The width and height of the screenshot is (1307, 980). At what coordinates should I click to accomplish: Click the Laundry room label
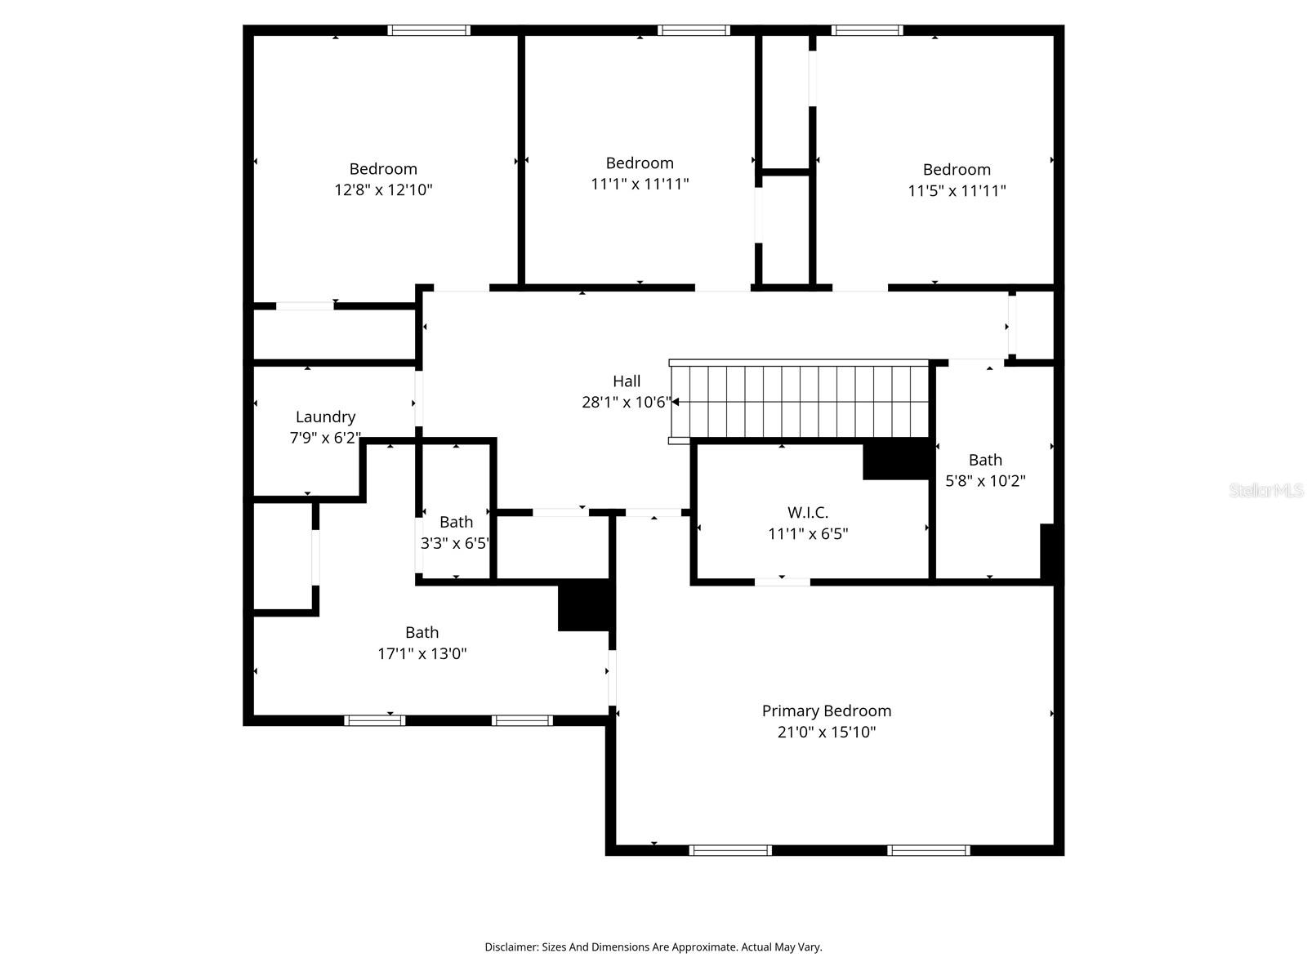point(325,416)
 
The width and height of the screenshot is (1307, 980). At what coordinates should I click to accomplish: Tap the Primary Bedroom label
point(826,710)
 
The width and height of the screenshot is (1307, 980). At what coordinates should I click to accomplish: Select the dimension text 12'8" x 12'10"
point(383,190)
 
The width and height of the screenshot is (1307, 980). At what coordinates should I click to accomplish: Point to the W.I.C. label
point(807,512)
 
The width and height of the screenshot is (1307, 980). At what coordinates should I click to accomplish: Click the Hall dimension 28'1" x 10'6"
point(626,402)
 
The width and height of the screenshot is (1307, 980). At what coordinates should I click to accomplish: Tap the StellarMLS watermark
point(1265,490)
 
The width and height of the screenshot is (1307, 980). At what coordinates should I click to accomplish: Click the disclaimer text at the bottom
point(653,947)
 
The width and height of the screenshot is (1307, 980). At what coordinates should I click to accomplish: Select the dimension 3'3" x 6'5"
point(455,543)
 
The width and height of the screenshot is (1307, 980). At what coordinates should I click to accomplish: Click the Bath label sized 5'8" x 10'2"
point(985,460)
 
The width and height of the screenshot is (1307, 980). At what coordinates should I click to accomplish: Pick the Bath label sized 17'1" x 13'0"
point(422,632)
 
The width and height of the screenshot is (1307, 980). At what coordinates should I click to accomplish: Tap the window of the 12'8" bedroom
point(429,30)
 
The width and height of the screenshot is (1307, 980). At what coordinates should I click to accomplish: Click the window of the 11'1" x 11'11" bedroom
point(694,30)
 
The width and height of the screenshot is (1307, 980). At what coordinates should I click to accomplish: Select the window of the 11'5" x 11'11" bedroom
point(867,30)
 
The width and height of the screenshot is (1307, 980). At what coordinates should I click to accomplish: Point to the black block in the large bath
point(583,605)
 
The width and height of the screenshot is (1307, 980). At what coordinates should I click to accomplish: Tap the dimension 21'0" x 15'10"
point(826,732)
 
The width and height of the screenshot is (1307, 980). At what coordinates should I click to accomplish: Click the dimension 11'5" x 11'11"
point(957,191)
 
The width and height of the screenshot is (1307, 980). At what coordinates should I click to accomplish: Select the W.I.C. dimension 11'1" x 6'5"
point(807,534)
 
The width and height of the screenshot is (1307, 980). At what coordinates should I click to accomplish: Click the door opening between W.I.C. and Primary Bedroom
point(782,582)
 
